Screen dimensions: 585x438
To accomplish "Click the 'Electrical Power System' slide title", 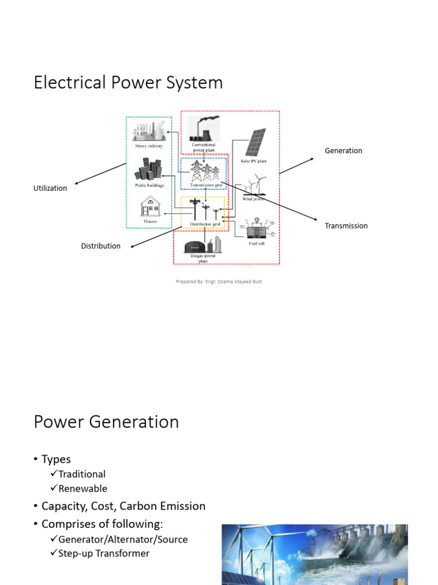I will pos(128,83).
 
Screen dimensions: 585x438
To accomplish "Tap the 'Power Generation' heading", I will pos(106,422).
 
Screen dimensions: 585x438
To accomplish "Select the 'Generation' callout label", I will pos(343,151).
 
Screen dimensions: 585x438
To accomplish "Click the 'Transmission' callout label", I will pos(346,226).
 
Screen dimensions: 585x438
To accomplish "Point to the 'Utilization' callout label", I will pos(50,188).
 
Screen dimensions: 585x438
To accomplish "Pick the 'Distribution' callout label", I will pos(100,246).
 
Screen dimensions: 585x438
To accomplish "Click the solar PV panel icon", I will pos(255,142).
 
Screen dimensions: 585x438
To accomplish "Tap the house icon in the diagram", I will pos(151,206).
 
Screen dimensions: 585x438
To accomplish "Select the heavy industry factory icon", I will pos(149,131).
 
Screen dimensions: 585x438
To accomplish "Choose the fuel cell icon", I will pos(256,229).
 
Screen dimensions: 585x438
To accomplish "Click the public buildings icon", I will pos(149,170).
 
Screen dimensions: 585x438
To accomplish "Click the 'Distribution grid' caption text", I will pos(204,224).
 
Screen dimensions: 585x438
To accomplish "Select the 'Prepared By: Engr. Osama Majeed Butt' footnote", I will pos(219,282).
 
